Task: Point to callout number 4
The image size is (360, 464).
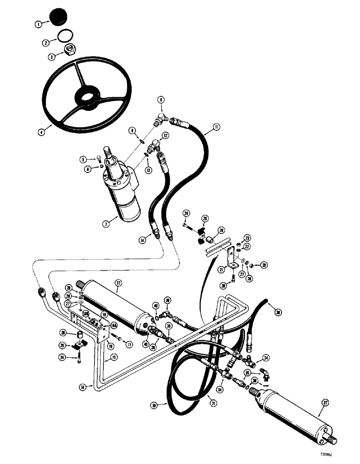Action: pyautogui.click(x=43, y=132)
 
